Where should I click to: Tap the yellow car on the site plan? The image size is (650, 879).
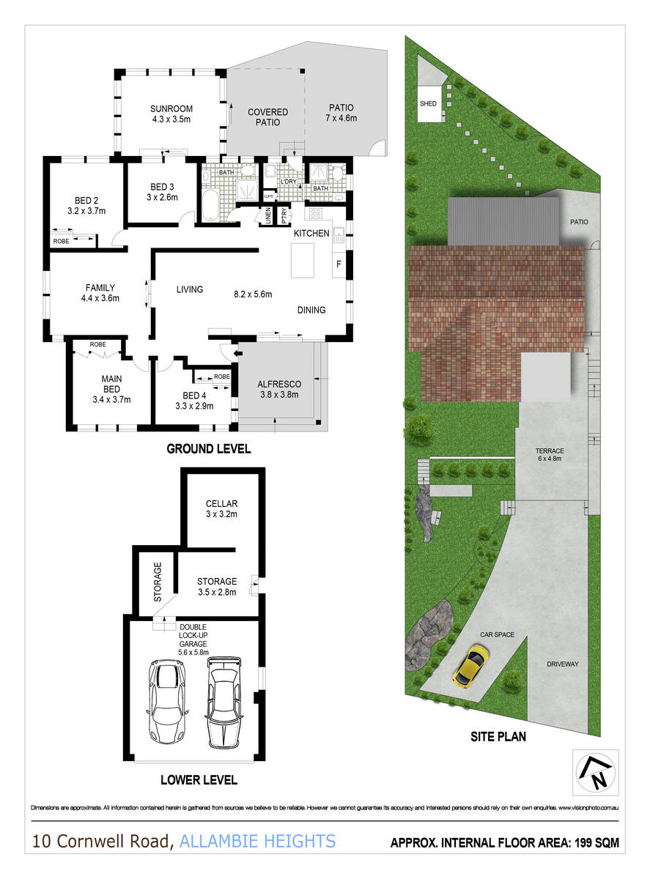pyautogui.click(x=471, y=665)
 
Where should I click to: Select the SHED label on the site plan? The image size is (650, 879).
pyautogui.click(x=428, y=104)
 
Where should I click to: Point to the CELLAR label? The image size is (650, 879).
pyautogui.click(x=221, y=504)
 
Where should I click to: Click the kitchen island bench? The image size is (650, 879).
pyautogui.click(x=303, y=260)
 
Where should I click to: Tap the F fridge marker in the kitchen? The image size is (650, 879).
pyautogui.click(x=338, y=264)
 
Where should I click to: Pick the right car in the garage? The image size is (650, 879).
pyautogui.click(x=223, y=700)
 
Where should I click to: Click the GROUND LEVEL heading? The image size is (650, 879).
pyautogui.click(x=209, y=449)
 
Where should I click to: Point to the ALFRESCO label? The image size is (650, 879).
pyautogui.click(x=278, y=383)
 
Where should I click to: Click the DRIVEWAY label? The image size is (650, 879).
pyautogui.click(x=563, y=664)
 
